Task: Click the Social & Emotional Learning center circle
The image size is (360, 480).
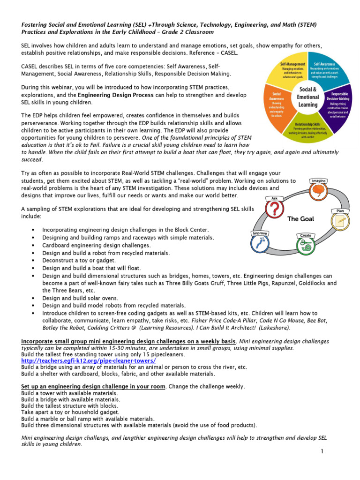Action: (x=308, y=97)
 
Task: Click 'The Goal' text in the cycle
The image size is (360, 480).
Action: (x=300, y=219)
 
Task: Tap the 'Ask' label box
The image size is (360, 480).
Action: (x=275, y=198)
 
